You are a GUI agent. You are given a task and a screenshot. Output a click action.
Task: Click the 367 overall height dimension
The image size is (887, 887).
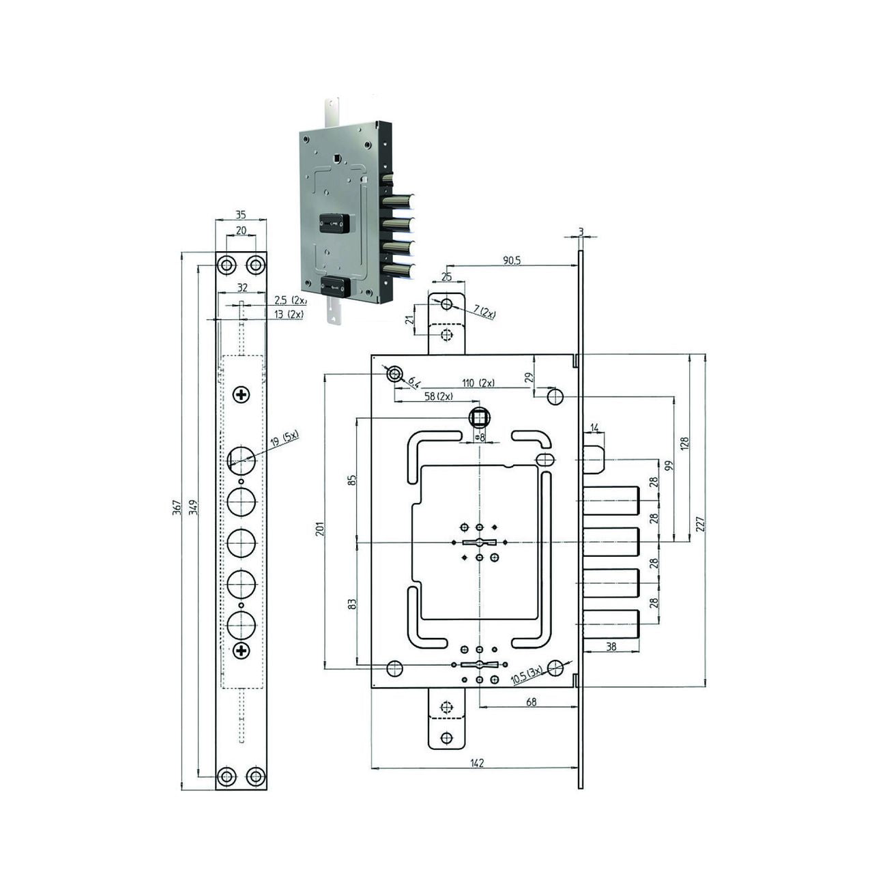point(176,508)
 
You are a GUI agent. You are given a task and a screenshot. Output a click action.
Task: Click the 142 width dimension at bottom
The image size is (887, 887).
point(477,763)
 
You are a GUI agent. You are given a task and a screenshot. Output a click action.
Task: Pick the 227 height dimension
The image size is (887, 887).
point(700,523)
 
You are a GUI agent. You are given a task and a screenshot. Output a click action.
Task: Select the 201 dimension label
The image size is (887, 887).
point(319,529)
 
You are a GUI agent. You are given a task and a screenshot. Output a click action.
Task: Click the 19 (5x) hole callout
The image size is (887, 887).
point(285,439)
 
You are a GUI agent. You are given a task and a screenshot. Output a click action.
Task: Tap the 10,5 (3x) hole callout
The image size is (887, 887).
point(526,675)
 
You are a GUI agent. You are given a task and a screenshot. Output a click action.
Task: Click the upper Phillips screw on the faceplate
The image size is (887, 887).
point(242,394)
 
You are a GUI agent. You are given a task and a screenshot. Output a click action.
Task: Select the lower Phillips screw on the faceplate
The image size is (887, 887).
point(242,651)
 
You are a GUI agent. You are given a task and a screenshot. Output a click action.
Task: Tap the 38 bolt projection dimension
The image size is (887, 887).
point(611,646)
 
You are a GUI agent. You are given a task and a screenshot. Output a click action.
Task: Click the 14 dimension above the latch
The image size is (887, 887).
point(594,428)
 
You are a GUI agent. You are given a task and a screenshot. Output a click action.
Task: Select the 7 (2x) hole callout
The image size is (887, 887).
point(486,313)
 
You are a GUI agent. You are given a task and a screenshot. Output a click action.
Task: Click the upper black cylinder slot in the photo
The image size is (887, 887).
point(334,223)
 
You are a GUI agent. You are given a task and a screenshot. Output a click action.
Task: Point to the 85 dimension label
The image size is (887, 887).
point(351,480)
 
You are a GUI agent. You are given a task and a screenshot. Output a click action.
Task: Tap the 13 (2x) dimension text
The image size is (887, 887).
point(289,314)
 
